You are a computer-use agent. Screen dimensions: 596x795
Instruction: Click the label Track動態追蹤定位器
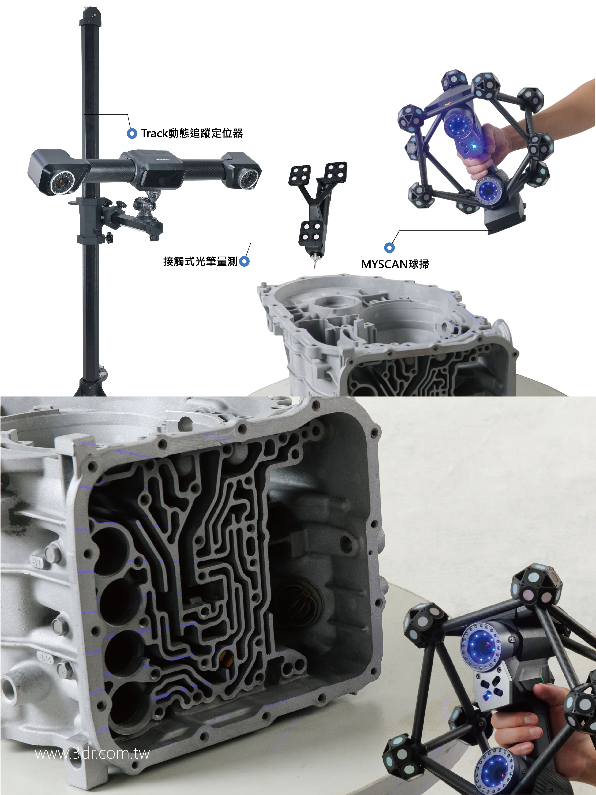(x=192, y=133)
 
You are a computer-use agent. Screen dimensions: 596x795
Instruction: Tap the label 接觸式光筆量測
(x=200, y=261)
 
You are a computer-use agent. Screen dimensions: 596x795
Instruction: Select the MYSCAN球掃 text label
(x=395, y=264)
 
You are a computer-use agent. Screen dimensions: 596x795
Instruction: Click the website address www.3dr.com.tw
(x=92, y=753)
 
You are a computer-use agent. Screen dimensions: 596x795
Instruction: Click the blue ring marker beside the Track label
(x=132, y=134)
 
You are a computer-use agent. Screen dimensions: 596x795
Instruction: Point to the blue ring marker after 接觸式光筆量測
(x=244, y=261)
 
